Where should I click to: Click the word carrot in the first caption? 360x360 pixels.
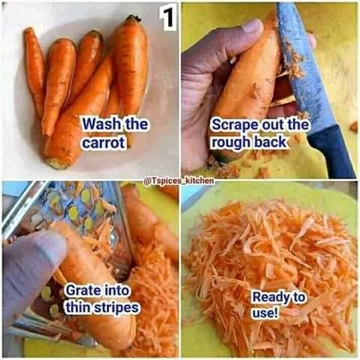[103, 142]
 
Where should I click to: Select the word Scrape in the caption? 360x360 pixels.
[235, 125]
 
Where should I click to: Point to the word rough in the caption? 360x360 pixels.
[231, 142]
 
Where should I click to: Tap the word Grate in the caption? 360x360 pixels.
[80, 290]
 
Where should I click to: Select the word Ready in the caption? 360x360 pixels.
[270, 298]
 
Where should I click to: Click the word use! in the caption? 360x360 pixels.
[265, 313]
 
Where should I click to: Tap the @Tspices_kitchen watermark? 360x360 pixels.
[179, 181]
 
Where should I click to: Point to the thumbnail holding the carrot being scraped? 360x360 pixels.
[253, 26]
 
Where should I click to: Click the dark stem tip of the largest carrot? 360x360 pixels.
[133, 18]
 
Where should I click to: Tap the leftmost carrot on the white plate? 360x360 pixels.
[35, 67]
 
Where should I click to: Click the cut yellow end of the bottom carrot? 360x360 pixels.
[57, 163]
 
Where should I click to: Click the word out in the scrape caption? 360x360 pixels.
[273, 124]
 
